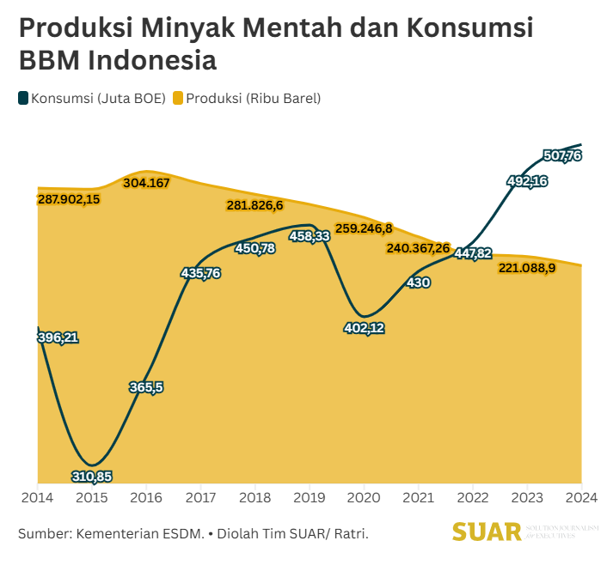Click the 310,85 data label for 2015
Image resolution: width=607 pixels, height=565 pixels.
92,476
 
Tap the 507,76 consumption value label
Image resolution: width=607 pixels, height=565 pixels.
563,155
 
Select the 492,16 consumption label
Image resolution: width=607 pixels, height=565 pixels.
527,181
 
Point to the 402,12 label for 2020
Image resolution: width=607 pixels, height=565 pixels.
365,328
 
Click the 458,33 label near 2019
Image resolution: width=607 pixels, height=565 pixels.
310,236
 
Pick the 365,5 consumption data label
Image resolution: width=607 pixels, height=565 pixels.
146,387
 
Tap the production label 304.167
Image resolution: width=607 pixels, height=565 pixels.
146,182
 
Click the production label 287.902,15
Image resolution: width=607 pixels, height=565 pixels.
69,199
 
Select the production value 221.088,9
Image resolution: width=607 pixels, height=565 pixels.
527,268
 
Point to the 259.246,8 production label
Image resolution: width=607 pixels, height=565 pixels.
364,228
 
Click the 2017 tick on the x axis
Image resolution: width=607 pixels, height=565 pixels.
200,497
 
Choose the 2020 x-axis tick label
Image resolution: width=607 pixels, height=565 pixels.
364,497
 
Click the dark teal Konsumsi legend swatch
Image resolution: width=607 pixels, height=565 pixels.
23,98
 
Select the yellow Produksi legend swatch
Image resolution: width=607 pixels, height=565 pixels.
178,98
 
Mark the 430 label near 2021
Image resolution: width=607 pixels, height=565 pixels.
419,282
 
